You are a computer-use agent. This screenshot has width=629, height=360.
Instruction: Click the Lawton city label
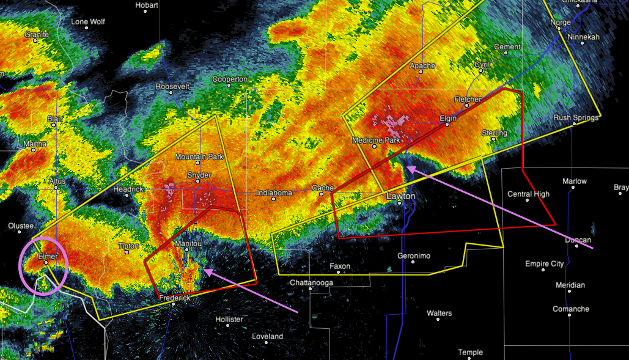pos(401,196)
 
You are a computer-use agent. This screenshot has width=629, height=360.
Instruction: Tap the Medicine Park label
pos(376,141)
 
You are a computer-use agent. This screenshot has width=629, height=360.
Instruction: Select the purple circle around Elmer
pos(45,267)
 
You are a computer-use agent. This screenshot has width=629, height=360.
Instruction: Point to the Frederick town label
pos(175,298)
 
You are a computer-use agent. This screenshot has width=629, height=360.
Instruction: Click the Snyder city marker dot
pos(200,182)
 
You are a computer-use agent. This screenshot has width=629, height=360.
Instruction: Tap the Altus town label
pos(57,182)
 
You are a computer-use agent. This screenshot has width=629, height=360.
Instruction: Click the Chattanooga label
pos(312,282)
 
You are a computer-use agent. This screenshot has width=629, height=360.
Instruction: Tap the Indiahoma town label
pos(274,193)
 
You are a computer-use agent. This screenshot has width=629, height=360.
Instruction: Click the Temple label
pos(470,352)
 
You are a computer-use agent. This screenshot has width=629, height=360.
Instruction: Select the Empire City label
pos(544,264)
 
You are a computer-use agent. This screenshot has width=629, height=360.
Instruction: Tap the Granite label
pos(37,35)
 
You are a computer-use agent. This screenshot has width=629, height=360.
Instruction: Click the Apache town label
pos(422,65)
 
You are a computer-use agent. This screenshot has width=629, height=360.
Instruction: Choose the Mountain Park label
pos(199,157)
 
